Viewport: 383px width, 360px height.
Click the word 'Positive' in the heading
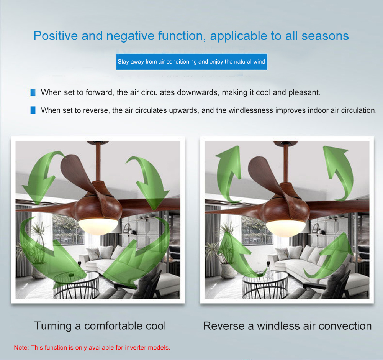pos(56,36)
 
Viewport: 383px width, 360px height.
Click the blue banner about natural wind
pos(191,62)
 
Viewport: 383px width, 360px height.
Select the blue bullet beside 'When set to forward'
pos(33,93)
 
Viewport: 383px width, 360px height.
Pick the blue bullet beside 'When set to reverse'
pos(33,110)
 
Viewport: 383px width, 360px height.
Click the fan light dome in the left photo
pos(98,226)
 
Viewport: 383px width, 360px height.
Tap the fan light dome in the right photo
pos(286,228)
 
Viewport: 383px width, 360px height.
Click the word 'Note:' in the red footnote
pos(21,347)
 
